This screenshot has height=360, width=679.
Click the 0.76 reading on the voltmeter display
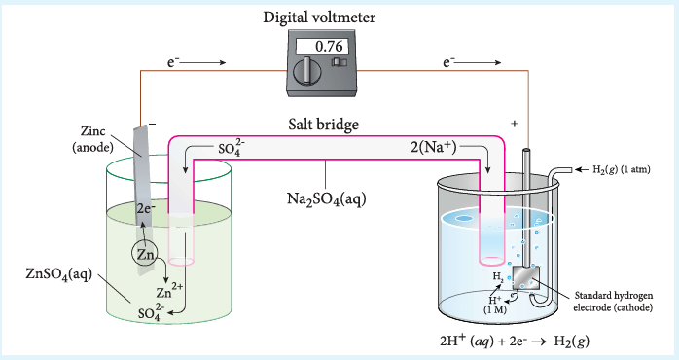point(329,46)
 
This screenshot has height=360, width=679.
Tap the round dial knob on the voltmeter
point(306,71)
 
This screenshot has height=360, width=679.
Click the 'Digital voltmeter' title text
point(319,18)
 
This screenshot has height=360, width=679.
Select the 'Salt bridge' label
point(324,125)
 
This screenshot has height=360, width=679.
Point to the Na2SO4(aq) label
point(327,199)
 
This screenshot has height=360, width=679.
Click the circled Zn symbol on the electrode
point(145,254)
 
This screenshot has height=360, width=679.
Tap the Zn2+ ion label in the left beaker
point(169,291)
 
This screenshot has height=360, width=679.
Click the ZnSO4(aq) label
point(59,274)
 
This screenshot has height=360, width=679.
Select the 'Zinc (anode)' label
point(92,139)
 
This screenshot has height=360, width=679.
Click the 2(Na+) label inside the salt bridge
point(434,147)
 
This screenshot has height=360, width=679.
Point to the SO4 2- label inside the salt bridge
point(232,148)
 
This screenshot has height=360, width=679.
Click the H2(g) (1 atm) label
point(622,169)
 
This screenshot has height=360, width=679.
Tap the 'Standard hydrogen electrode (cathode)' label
point(613,302)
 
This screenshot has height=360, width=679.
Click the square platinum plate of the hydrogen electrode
point(526,277)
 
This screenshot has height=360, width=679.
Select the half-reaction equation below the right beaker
point(515,341)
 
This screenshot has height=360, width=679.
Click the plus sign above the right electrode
point(514,124)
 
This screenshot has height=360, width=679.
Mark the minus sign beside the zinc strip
point(152,125)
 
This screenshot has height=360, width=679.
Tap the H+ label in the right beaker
point(495,300)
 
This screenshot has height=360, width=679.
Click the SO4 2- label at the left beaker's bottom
point(151,312)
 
